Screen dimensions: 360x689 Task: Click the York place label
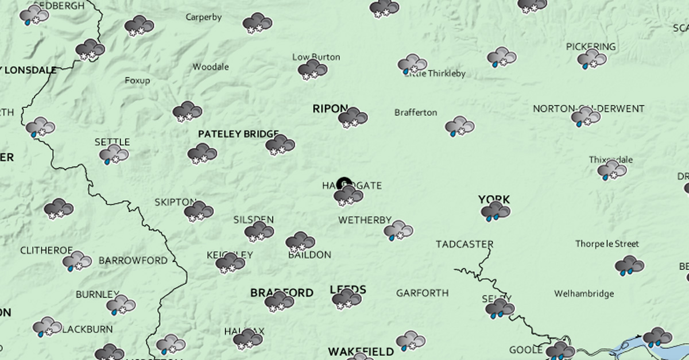494,200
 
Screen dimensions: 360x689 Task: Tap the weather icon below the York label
496,212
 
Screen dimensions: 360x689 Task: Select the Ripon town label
330,109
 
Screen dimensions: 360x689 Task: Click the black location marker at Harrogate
344,184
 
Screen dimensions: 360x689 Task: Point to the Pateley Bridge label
238,134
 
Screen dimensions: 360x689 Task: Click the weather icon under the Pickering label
592,59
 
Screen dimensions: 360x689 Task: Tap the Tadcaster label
465,244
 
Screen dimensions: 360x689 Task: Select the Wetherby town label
365,220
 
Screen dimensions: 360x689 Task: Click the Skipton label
175,202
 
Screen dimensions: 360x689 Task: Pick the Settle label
112,142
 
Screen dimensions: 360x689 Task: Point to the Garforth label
422,293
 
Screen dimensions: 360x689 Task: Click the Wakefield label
361,351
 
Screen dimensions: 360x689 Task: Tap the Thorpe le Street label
607,244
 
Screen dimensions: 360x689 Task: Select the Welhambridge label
583,294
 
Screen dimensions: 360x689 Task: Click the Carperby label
203,17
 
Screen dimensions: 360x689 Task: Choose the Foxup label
137,80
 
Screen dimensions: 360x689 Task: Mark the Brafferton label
416,113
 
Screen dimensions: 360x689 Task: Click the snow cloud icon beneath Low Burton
312,70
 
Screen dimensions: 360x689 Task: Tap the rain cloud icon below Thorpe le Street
629,265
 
